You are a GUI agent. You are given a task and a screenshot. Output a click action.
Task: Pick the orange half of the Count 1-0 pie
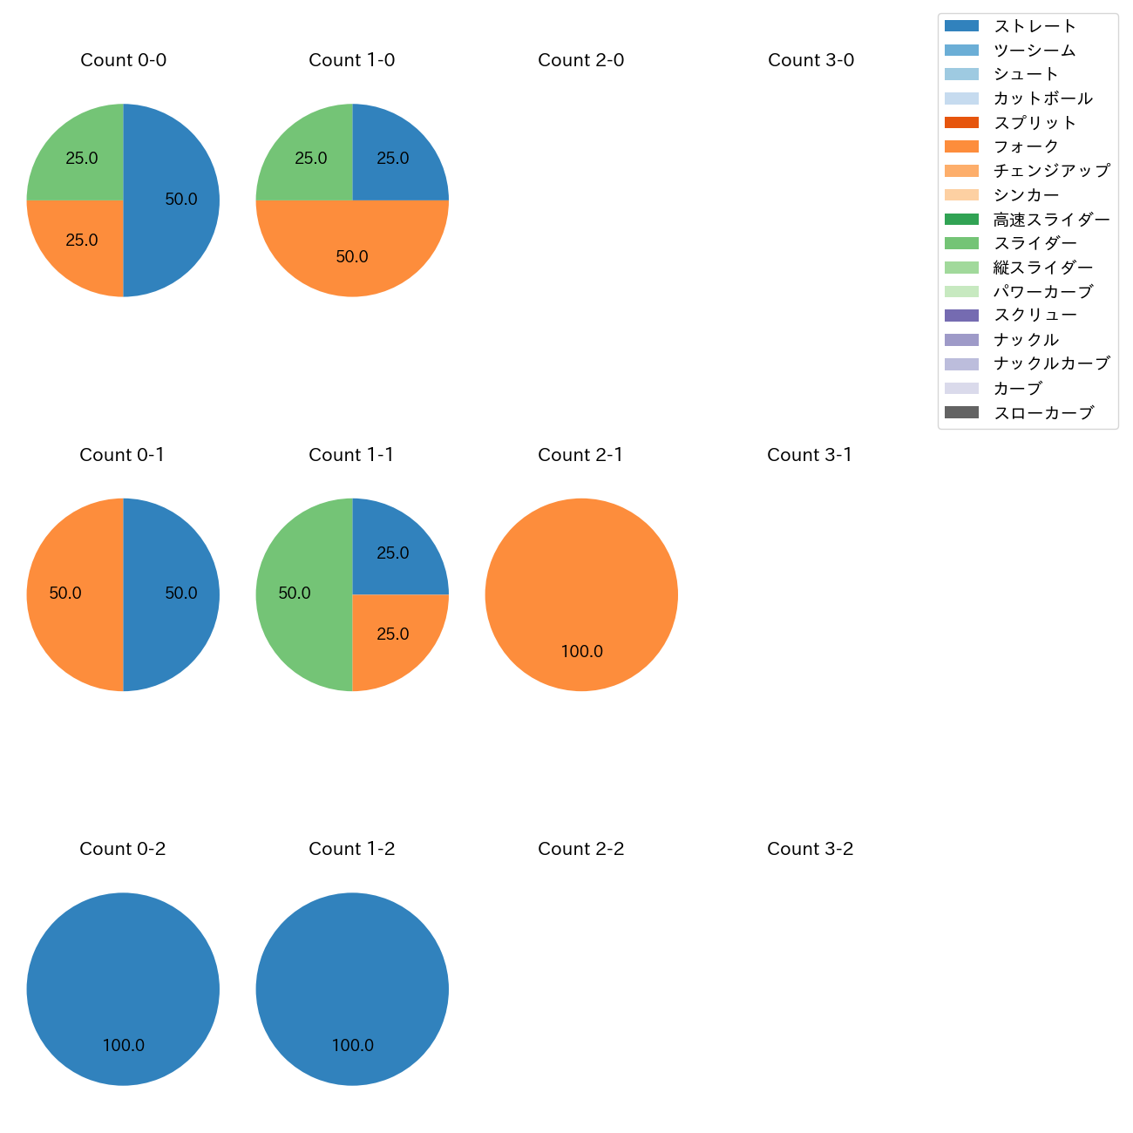pyautogui.click(x=352, y=253)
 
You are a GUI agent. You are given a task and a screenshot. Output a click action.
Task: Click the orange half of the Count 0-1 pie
pyautogui.click(x=70, y=594)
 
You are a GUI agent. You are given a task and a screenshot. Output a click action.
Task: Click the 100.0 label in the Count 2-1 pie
pyautogui.click(x=581, y=651)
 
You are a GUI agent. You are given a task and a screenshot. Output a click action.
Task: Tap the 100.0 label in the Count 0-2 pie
pyautogui.click(x=123, y=1045)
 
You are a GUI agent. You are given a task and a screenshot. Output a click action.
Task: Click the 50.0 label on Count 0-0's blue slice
pyautogui.click(x=181, y=200)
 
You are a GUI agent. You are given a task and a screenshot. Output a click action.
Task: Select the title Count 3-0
pyautogui.click(x=811, y=60)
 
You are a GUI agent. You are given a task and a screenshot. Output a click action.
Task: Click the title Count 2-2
pyautogui.click(x=580, y=849)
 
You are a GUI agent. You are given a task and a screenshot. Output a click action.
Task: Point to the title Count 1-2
pyautogui.click(x=351, y=849)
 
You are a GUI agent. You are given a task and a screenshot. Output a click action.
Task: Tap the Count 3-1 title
pyautogui.click(x=810, y=455)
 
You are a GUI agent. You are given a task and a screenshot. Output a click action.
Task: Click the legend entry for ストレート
pyautogui.click(x=1035, y=26)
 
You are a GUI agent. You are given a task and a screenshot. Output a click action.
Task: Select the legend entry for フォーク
pyautogui.click(x=1026, y=146)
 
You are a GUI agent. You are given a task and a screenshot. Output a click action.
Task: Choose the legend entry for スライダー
pyautogui.click(x=1035, y=243)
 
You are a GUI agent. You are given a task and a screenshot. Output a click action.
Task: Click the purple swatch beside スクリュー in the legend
pyautogui.click(x=961, y=315)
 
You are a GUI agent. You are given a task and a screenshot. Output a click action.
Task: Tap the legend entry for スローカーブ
pyautogui.click(x=1043, y=412)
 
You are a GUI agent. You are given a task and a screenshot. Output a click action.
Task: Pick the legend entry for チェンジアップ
pyautogui.click(x=1051, y=171)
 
